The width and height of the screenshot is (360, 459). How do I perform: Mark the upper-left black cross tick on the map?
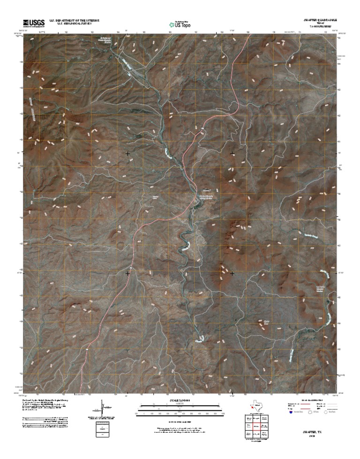coord(127,153)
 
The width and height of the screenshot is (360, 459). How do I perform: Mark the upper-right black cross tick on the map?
coord(232,153)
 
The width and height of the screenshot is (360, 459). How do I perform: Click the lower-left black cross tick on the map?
coord(127,272)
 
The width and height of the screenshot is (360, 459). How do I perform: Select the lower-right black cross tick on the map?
coord(232,272)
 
